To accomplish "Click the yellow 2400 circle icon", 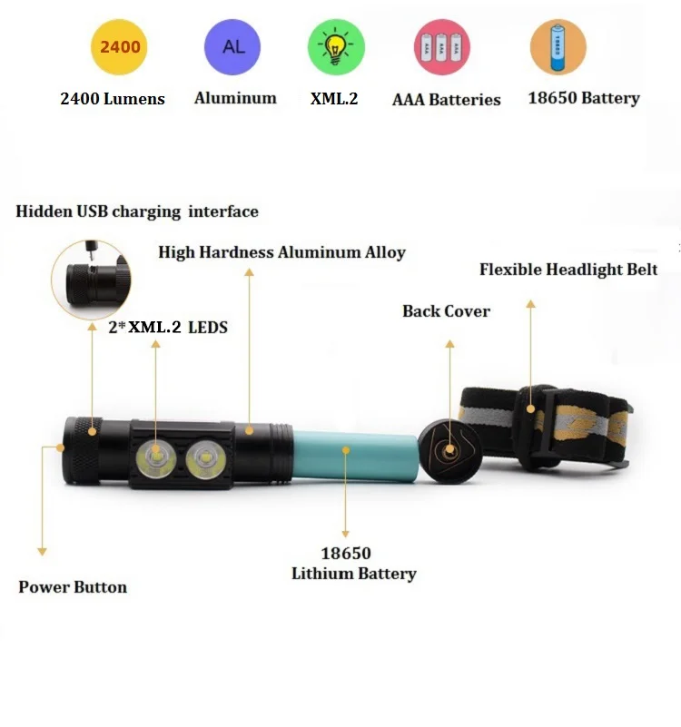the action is [119, 46].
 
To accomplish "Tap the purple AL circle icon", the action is [232, 46].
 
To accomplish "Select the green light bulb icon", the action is [336, 47].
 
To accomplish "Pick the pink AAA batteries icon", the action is [442, 48].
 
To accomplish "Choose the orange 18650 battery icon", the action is [558, 48].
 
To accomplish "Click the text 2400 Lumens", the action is [113, 99].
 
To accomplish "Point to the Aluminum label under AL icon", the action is [235, 98].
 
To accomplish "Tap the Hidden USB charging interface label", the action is [137, 211].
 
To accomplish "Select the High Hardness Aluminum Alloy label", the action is [281, 252].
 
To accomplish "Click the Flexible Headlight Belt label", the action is [568, 270].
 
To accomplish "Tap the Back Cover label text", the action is [446, 311].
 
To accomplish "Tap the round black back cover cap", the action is [449, 451].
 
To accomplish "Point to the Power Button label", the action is [73, 587].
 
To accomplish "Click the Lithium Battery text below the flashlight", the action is [353, 574].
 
